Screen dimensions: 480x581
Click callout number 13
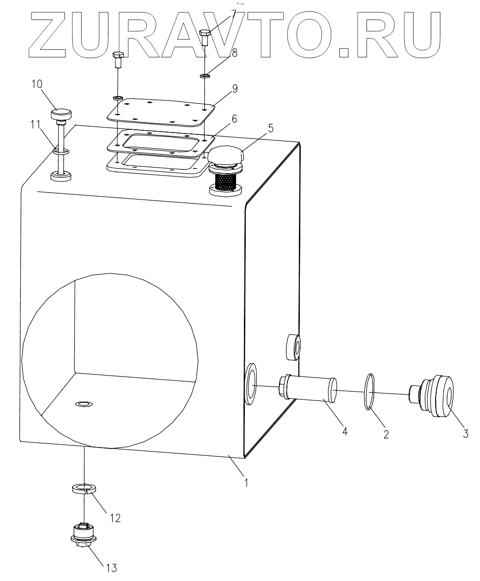point(111,568)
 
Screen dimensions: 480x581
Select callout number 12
point(115,518)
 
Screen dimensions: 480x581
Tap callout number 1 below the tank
point(247,483)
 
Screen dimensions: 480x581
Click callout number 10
point(37,85)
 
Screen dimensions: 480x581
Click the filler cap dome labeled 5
point(225,155)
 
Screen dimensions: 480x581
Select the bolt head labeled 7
point(205,33)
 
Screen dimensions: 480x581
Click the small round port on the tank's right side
point(293,347)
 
